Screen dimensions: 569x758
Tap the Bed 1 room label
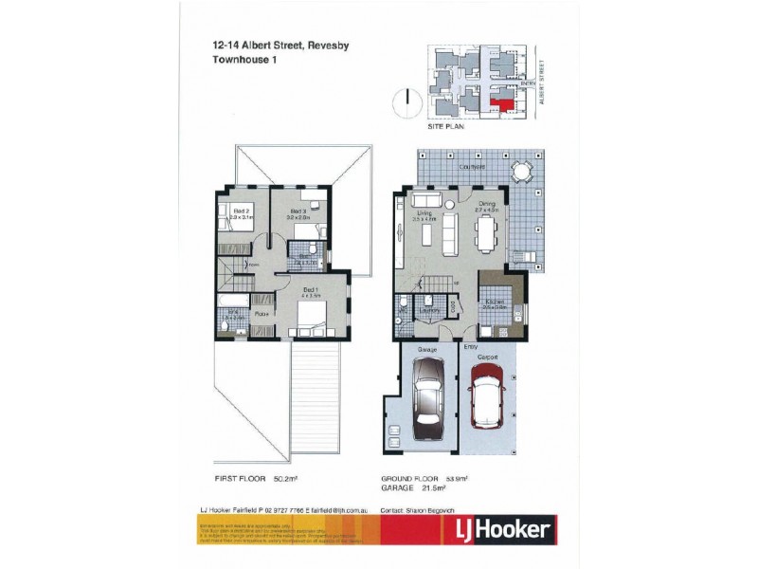coord(310,289)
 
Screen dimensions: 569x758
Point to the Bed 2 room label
coord(241,211)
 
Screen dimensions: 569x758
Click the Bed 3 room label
coord(298,211)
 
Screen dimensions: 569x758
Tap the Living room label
coord(425,213)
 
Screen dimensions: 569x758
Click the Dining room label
coord(487,203)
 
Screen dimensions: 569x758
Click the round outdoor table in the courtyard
coord(521,172)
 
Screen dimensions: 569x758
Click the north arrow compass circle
coord(406,99)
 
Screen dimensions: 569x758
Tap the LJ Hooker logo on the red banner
coord(496,529)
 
